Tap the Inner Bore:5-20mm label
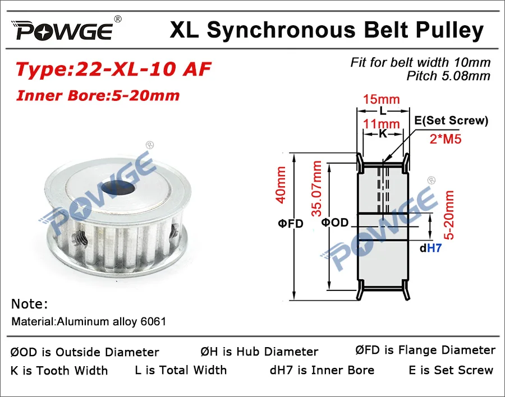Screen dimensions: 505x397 [x=98, y=95]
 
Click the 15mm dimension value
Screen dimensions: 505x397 [x=382, y=100]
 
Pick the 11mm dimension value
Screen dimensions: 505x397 [x=382, y=123]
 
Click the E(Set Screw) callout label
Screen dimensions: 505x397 [x=452, y=121]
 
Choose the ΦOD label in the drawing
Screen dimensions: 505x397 [x=335, y=223]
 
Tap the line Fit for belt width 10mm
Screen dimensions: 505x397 [x=420, y=62]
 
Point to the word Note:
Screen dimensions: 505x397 [x=30, y=304]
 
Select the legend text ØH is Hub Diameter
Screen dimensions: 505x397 [x=259, y=352]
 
